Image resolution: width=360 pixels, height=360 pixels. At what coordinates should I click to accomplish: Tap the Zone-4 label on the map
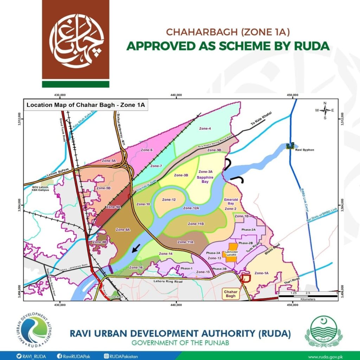click(x=205, y=129)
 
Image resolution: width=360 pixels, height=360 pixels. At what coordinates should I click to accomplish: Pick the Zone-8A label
click(x=123, y=230)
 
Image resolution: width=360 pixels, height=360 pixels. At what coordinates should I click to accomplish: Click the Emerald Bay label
click(x=231, y=201)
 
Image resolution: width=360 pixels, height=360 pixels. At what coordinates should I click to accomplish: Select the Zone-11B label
click(x=196, y=224)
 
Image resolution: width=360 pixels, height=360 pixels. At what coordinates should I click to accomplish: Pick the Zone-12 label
click(x=169, y=200)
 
